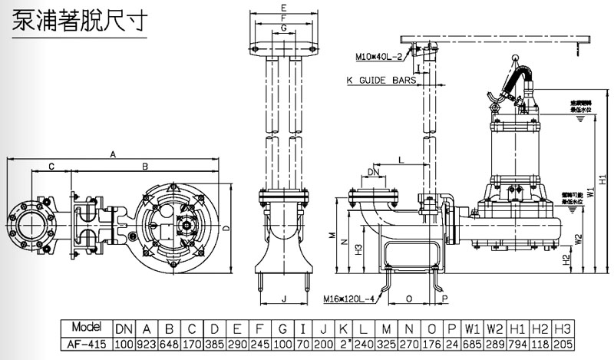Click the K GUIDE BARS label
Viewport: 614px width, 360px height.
point(381,79)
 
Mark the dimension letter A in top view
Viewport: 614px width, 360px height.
point(113,154)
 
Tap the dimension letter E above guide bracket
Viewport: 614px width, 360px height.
point(284,7)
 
